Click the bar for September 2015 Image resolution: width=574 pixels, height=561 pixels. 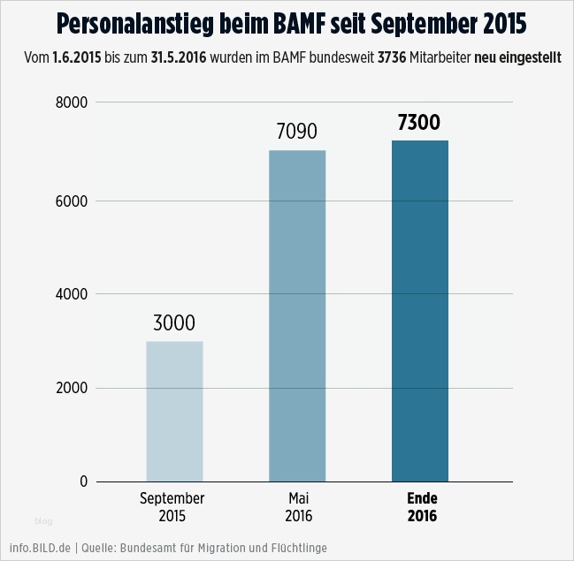click(174, 411)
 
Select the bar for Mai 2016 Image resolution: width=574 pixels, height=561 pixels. click(297, 315)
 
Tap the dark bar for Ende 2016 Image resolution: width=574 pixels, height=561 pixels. click(419, 311)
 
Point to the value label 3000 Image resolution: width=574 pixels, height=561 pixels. click(174, 323)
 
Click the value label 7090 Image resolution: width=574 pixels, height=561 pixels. click(297, 133)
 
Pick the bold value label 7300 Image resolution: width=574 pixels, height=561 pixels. click(419, 123)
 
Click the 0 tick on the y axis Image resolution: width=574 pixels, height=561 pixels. click(83, 481)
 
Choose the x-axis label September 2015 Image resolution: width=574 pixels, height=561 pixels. click(172, 506)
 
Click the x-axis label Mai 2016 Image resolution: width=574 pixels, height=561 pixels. click(300, 506)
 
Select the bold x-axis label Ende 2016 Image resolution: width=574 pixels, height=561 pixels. click(422, 506)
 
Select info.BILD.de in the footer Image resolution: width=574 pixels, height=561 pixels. click(40, 548)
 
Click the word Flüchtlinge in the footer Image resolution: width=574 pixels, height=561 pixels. click(299, 548)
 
